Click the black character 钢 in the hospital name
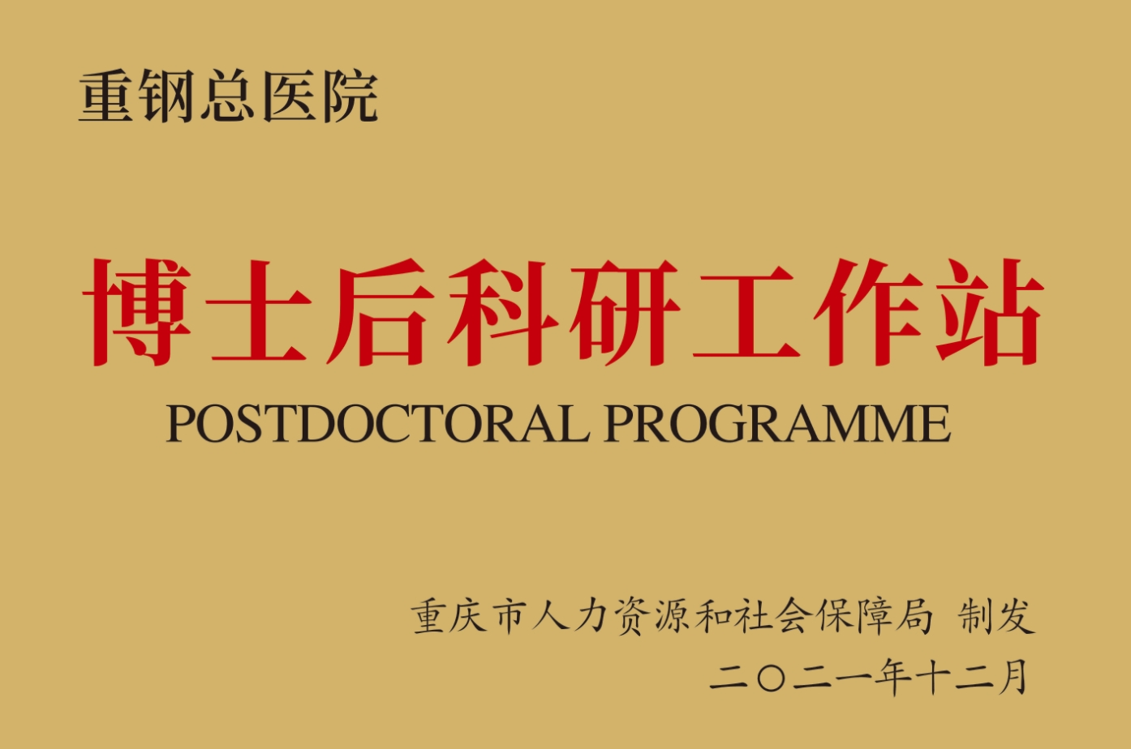click(x=166, y=96)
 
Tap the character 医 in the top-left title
click(x=290, y=96)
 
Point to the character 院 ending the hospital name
click(x=351, y=96)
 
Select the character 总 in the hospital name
click(x=228, y=96)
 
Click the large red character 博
click(x=136, y=312)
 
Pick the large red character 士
click(x=259, y=312)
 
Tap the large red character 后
click(x=381, y=312)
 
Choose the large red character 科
click(x=502, y=312)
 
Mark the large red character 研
click(x=625, y=312)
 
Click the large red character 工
click(x=746, y=312)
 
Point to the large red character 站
click(x=990, y=312)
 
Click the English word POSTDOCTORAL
click(x=377, y=422)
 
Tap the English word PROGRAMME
click(x=777, y=422)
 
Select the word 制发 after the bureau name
click(x=997, y=616)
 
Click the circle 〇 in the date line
click(x=771, y=678)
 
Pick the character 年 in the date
click(x=893, y=678)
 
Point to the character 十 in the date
click(x=933, y=678)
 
